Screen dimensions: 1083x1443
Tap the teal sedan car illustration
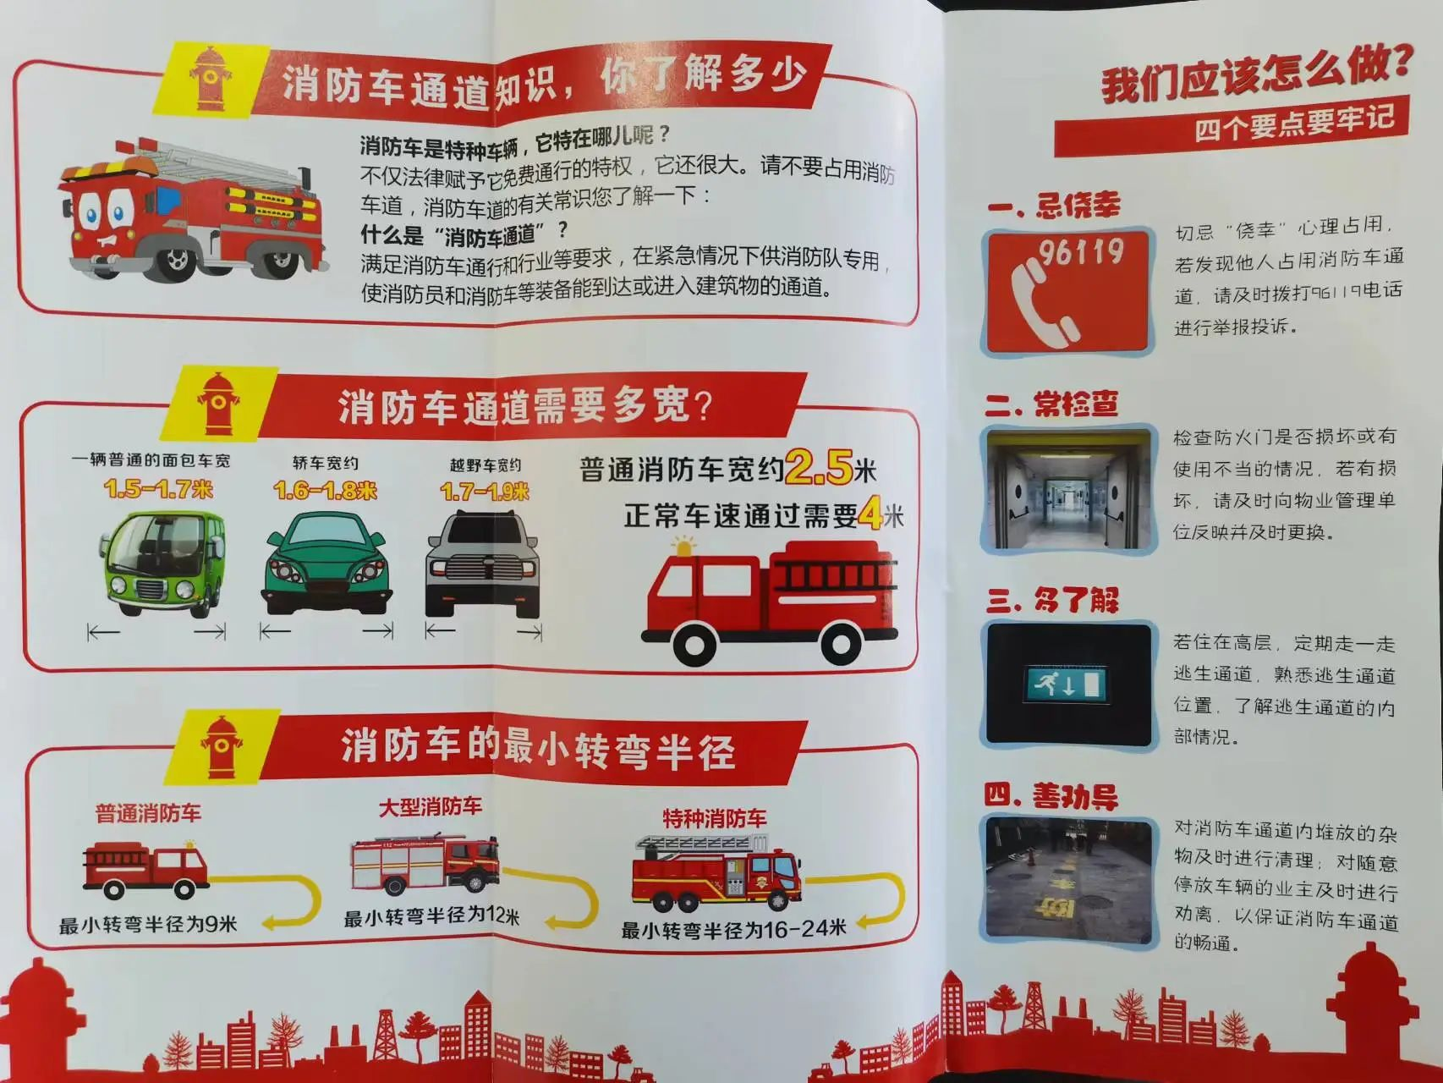tap(327, 563)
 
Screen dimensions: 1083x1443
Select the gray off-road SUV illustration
tap(483, 563)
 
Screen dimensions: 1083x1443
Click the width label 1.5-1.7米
tap(158, 489)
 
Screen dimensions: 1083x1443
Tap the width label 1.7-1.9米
tap(485, 492)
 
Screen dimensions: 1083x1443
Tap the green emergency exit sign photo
tap(1068, 684)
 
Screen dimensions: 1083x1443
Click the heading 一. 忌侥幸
tap(1053, 206)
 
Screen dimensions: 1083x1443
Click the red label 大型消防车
tap(430, 806)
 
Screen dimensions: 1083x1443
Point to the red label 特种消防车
tap(714, 818)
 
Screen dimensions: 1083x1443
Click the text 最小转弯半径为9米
tap(148, 924)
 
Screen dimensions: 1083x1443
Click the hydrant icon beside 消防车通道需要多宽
tap(218, 404)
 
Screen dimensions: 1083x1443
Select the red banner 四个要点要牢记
tap(1231, 126)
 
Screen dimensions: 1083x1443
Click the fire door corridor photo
tap(1068, 490)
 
